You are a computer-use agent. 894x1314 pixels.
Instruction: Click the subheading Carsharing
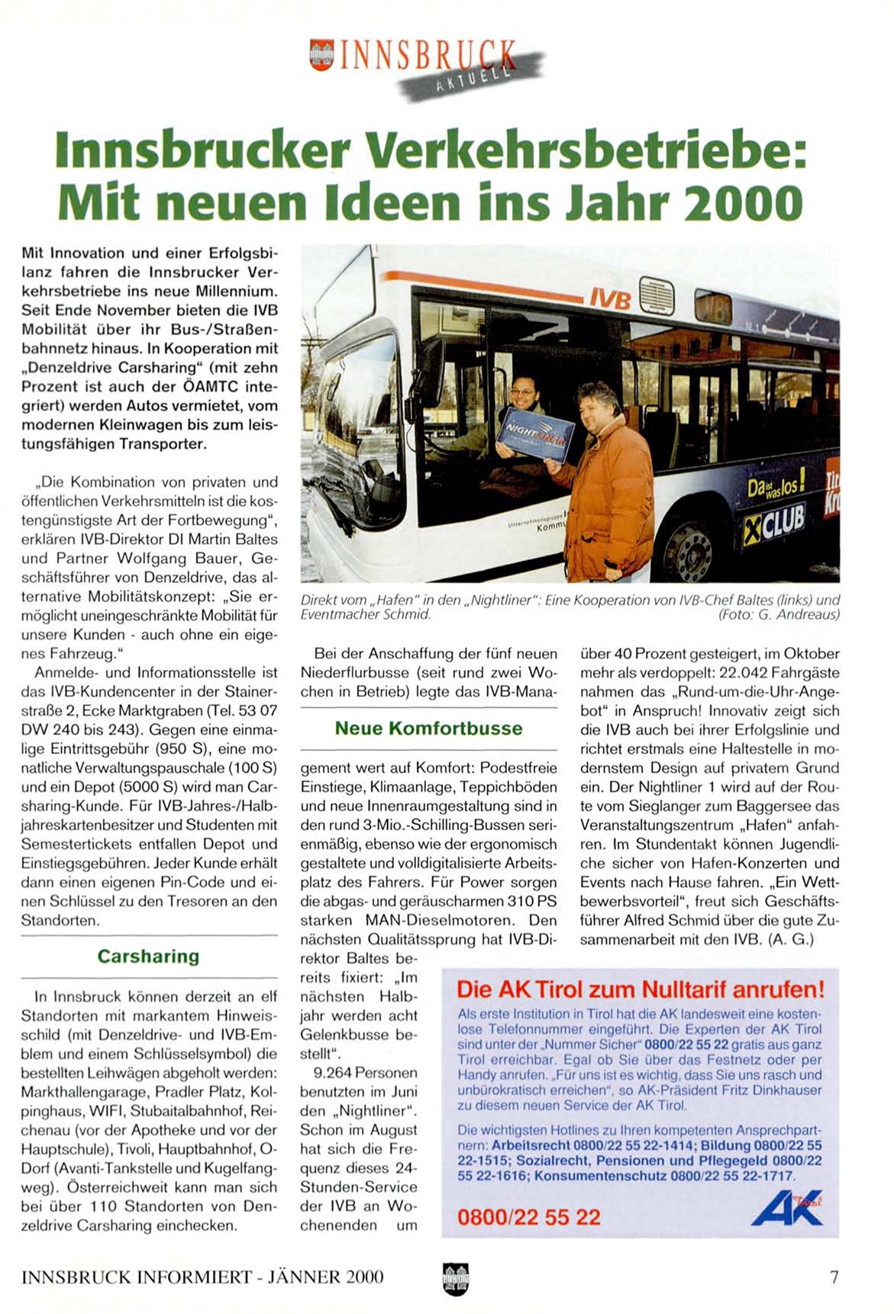148,956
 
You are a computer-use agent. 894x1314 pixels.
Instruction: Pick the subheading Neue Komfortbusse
428,728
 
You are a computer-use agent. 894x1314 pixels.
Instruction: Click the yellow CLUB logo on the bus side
774,523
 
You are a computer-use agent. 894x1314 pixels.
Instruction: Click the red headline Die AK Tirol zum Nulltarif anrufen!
640,990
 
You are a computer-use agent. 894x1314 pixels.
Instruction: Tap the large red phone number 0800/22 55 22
528,1216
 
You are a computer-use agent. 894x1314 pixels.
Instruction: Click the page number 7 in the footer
834,1277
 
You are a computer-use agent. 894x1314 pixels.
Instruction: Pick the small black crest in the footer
455,1278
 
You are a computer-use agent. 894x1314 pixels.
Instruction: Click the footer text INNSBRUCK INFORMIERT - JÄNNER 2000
202,1277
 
